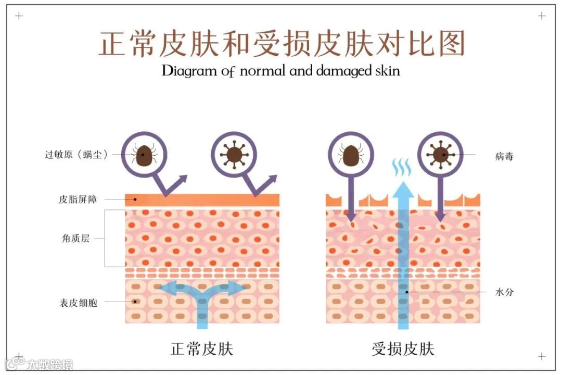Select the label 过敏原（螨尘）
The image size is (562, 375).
point(76,154)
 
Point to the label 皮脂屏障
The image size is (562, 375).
point(78,199)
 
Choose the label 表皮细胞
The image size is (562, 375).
point(79,302)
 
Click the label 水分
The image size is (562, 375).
point(504,292)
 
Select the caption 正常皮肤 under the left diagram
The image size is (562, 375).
point(201,348)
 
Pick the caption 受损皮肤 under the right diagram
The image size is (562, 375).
point(403,348)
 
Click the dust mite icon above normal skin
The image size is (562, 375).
point(144,154)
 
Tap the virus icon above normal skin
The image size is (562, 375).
point(234,154)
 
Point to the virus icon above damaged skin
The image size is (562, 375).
point(441,154)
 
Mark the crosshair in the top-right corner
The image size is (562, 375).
point(542,16)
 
